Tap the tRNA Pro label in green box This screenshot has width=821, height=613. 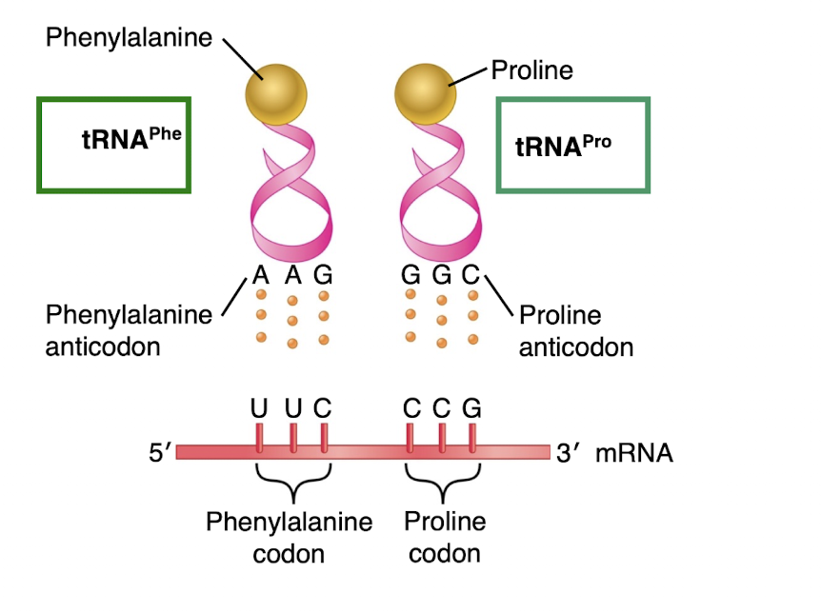point(563,146)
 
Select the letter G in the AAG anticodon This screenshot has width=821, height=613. point(323,277)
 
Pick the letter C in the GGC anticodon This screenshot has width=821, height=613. point(471,277)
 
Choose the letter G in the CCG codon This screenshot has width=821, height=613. point(471,409)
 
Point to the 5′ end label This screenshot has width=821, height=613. point(159,453)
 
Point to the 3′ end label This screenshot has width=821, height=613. point(568,453)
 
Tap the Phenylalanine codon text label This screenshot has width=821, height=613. point(289,536)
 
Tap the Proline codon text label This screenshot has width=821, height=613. point(445,536)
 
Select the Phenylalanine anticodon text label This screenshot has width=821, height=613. point(129,329)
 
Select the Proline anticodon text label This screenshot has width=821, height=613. point(575,330)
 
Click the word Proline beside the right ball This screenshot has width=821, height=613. point(531,70)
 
